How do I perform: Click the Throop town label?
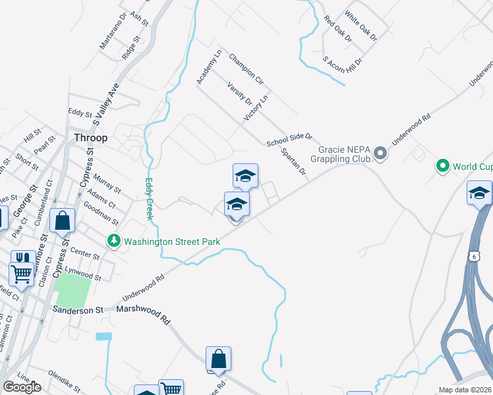tap(90, 138)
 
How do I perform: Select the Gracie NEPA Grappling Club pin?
tap(380, 154)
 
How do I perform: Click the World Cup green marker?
tap(442, 167)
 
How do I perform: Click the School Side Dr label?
tap(289, 140)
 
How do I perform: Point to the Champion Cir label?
tap(246, 69)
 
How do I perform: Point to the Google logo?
tap(22, 387)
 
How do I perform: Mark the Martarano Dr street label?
tap(113, 31)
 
